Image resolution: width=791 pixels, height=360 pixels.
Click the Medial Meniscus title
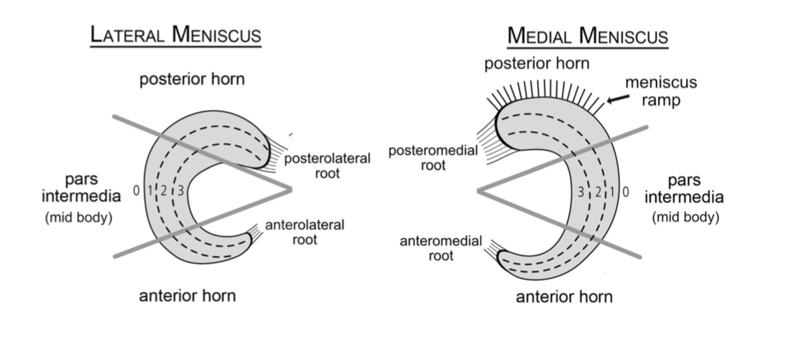coord(587,36)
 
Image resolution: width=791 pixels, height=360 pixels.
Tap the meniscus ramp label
coord(660,91)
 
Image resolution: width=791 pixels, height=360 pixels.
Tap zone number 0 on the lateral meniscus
coord(136,190)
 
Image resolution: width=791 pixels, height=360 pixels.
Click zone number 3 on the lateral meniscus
coord(180,190)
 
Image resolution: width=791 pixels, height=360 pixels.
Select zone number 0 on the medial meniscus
coord(626,191)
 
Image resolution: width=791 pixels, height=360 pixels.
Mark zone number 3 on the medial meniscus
coord(581,191)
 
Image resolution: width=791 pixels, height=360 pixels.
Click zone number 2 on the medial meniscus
coord(598,191)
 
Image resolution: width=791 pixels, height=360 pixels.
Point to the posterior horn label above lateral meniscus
coord(192,78)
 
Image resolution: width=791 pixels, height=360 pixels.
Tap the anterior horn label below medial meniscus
coord(563,296)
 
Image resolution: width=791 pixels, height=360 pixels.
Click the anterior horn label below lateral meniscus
coord(187,294)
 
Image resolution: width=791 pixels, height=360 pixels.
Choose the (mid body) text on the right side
coord(685,217)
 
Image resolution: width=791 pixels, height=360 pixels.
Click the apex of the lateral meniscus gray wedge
coord(291,189)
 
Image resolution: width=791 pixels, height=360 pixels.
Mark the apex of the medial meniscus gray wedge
coord(479,190)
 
